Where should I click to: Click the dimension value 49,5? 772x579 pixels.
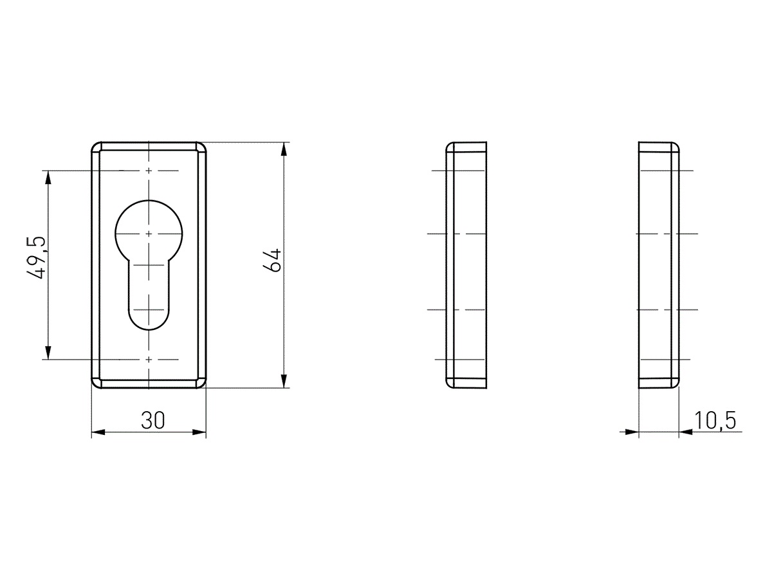pos(37,258)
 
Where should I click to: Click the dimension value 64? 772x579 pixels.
pos(272,260)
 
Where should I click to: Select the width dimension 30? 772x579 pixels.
pos(152,421)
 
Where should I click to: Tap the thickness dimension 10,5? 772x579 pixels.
pos(715,421)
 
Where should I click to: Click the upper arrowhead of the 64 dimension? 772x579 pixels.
pos(284,149)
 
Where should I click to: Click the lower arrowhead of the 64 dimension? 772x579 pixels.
pos(284,381)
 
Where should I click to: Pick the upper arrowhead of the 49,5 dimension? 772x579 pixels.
pos(48,178)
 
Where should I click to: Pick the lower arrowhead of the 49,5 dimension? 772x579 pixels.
pos(48,353)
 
